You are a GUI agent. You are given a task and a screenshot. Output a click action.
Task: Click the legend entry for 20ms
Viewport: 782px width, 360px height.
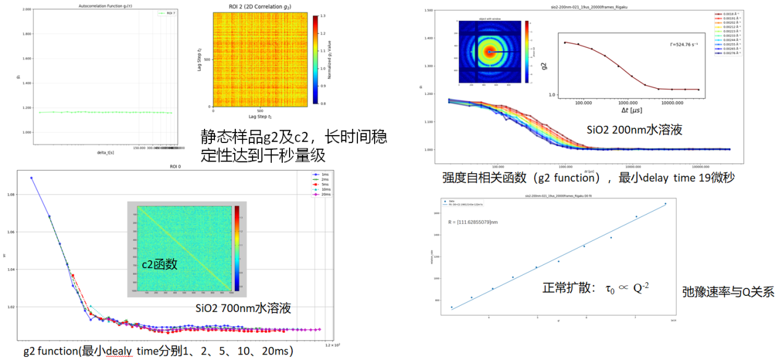point(320,194)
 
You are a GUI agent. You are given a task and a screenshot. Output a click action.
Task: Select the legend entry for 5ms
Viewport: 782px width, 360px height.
point(320,184)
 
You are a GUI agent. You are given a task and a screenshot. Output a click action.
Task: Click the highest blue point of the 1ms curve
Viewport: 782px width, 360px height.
point(31,178)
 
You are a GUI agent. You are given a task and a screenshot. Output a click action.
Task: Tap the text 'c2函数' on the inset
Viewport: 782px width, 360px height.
point(159,264)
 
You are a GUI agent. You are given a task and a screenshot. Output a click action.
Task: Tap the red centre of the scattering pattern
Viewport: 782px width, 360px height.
point(489,52)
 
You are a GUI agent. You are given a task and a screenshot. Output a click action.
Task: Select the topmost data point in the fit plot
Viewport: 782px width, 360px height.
point(665,204)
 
